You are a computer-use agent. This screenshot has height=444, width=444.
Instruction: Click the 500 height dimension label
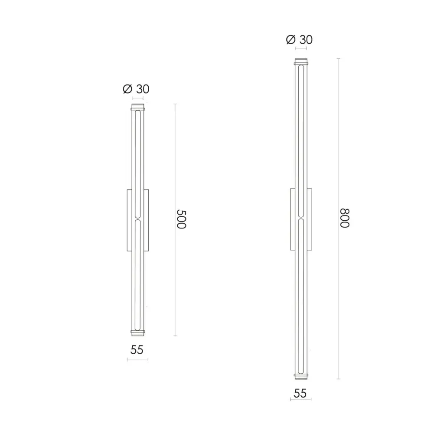pyautogui.click(x=181, y=219)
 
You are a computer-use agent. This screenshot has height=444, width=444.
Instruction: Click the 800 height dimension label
pyautogui.click(x=344, y=218)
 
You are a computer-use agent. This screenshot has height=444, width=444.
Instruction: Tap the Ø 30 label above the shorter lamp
pyautogui.click(x=136, y=89)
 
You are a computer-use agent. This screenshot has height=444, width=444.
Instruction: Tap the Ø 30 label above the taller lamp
pyautogui.click(x=299, y=40)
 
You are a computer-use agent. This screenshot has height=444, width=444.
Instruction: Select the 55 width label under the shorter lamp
pyautogui.click(x=137, y=350)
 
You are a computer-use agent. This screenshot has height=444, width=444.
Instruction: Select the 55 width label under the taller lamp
pyautogui.click(x=300, y=393)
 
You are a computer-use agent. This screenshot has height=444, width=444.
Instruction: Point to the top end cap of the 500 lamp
pyautogui.click(x=137, y=107)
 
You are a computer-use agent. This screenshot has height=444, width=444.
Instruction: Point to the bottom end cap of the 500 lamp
pyautogui.click(x=137, y=333)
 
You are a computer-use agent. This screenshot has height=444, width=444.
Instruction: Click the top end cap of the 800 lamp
pyautogui.click(x=300, y=61)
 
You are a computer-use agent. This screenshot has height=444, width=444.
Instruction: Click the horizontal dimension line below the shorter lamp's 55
pyautogui.click(x=137, y=359)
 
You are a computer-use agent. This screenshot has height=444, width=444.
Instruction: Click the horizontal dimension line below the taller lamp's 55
pyautogui.click(x=300, y=399)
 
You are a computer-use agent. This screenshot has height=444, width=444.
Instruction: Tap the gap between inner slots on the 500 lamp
pyautogui.click(x=137, y=219)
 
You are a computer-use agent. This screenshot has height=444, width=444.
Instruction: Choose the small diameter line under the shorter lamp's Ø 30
pyautogui.click(x=137, y=99)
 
